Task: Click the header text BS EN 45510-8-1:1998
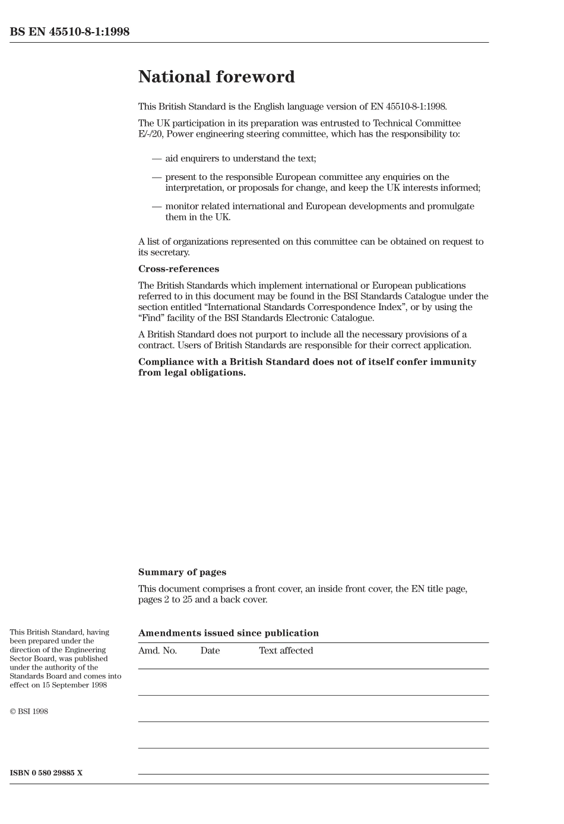(69, 32)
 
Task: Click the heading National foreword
(216, 77)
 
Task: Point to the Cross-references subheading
(179, 269)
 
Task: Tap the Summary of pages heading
(182, 572)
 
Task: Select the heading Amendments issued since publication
(229, 633)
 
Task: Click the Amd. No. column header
(157, 651)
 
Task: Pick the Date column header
(210, 651)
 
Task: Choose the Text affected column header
(286, 651)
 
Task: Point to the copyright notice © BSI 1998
(28, 711)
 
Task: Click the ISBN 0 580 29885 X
(46, 773)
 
